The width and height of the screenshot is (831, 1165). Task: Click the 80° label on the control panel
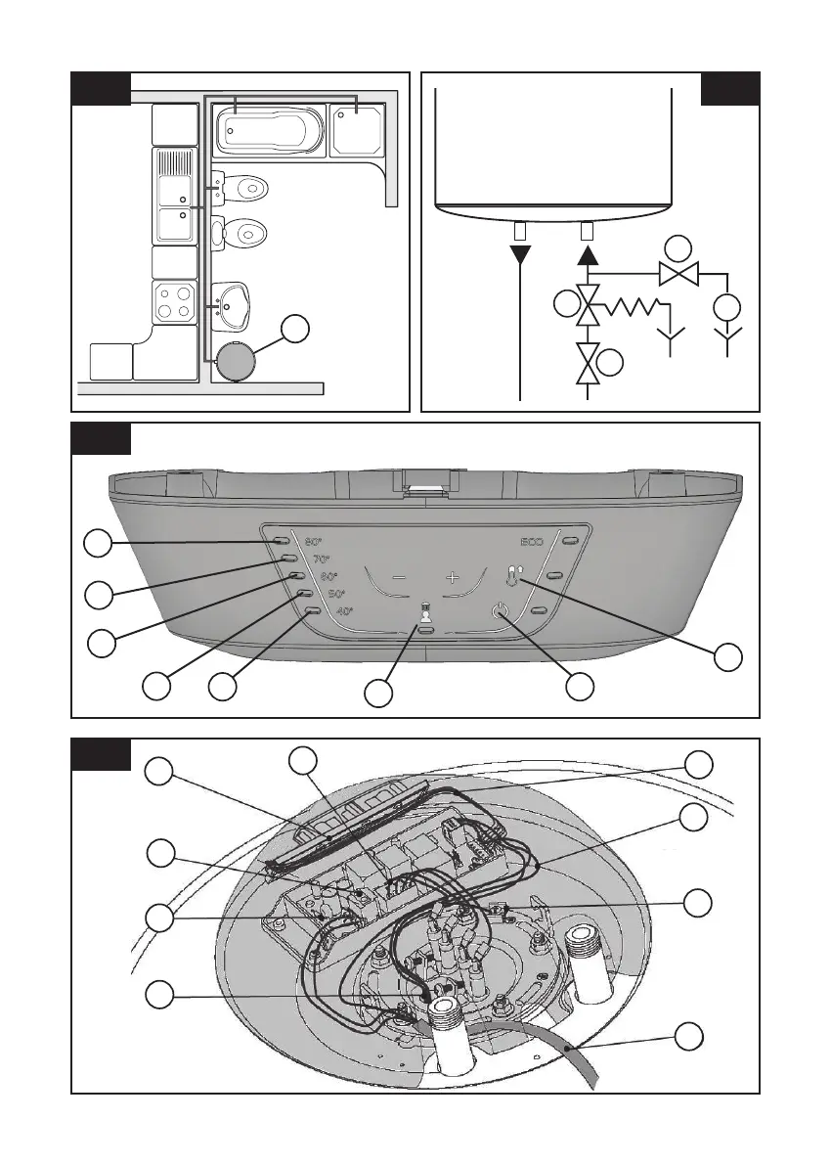(313, 541)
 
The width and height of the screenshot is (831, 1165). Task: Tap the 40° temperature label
(344, 611)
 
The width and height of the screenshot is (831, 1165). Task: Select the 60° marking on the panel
(328, 576)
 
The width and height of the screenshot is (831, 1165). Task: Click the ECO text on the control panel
(531, 541)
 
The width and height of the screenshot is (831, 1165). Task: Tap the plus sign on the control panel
(453, 578)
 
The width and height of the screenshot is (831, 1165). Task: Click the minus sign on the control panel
(400, 578)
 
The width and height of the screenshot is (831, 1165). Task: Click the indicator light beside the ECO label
(570, 540)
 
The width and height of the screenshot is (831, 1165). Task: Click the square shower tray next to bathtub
(357, 129)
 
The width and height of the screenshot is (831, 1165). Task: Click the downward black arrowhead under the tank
(520, 256)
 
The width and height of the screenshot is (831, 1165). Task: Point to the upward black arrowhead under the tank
(587, 256)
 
